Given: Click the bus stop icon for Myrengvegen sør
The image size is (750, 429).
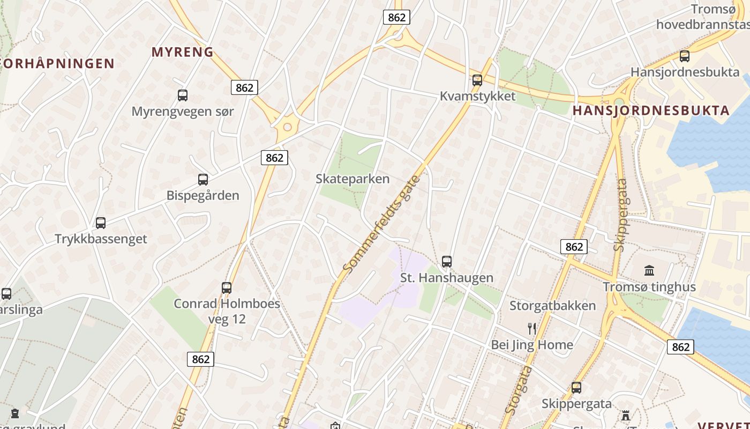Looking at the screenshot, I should [x=183, y=95].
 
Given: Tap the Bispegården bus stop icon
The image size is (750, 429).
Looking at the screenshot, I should [x=202, y=180].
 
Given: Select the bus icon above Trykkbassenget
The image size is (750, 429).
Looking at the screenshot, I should [x=101, y=223].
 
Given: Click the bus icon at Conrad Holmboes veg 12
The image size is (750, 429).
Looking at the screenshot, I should [x=227, y=288].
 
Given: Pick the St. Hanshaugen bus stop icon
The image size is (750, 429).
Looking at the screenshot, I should [x=447, y=262].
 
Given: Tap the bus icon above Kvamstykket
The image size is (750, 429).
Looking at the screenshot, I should [x=477, y=80].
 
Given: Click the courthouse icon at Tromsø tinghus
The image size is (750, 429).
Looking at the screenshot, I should [x=649, y=270].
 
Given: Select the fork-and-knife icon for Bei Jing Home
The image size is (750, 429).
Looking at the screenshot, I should [x=532, y=329].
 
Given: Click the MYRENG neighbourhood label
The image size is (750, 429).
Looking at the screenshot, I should [x=183, y=52].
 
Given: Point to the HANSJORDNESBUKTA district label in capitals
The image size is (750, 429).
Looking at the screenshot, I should [x=651, y=111].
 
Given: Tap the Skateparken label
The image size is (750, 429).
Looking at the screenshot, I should [x=352, y=179].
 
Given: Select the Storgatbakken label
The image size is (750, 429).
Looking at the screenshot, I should [x=552, y=306].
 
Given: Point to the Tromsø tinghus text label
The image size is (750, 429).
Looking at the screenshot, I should [x=649, y=287].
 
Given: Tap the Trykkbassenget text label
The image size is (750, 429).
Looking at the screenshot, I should [x=101, y=239].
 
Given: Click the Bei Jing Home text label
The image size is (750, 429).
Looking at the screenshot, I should [x=532, y=345].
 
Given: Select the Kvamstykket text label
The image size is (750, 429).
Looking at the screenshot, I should [x=477, y=96].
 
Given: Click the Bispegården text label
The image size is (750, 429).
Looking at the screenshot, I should [x=202, y=195].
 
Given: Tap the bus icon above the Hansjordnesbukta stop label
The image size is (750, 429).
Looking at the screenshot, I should [x=684, y=56].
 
